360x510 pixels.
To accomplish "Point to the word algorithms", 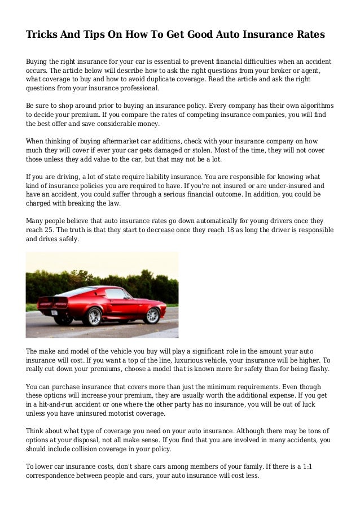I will [x=313, y=106].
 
